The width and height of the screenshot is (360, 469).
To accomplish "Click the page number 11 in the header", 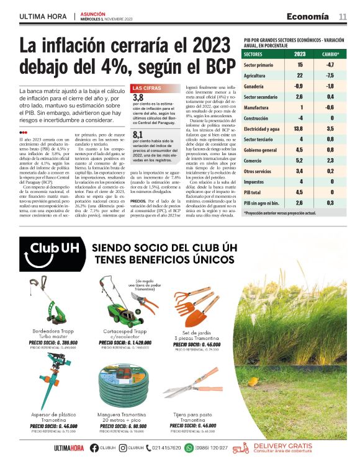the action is click(x=343, y=16).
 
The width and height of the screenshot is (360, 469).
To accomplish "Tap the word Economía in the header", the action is click(x=308, y=16).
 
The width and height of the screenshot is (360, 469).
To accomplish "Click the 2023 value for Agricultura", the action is click(x=299, y=75).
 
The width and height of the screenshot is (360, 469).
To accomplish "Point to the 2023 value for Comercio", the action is click(x=299, y=160).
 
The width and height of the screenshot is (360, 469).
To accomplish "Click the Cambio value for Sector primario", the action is click(x=330, y=65).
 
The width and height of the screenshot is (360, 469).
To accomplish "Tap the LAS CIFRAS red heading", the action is click(x=148, y=88).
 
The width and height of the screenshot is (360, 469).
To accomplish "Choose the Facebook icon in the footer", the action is click(x=94, y=448).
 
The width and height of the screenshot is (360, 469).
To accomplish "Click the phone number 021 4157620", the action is click(x=166, y=448).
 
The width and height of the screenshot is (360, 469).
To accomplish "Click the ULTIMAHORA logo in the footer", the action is click(x=68, y=448).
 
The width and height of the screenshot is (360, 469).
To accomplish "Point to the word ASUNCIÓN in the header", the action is click(x=93, y=13).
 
